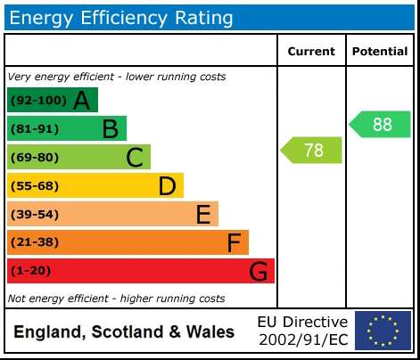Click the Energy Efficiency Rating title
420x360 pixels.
[x=122, y=18]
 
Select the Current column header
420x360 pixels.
[x=311, y=52]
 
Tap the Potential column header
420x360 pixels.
[x=380, y=52]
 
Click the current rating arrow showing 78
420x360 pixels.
[x=312, y=151]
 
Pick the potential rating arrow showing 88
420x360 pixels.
[x=381, y=125]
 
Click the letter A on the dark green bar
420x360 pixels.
[x=82, y=101]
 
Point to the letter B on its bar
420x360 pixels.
[x=110, y=129]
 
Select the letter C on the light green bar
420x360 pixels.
[x=135, y=158]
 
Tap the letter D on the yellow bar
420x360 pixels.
[x=167, y=186]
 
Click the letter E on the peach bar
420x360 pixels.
[x=203, y=215]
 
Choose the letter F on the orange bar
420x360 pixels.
[x=234, y=242]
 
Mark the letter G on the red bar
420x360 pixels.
[x=258, y=271]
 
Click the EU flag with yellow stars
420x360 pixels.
[x=383, y=331]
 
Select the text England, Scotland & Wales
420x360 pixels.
[x=124, y=332]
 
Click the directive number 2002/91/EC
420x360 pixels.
[x=303, y=340]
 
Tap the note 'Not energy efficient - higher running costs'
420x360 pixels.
[x=116, y=299]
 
